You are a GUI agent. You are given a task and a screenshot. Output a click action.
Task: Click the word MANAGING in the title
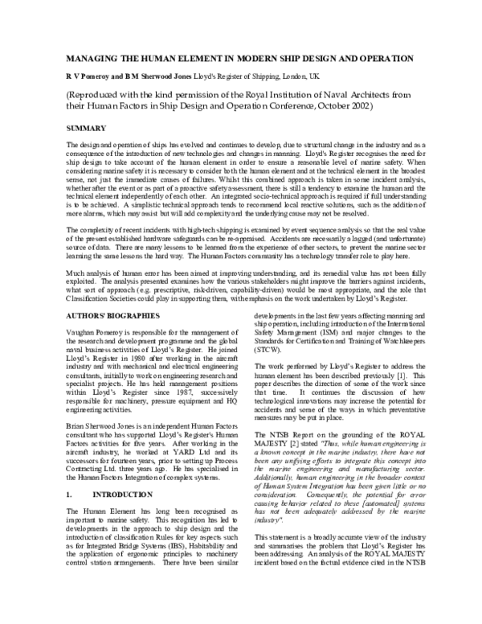click(x=86, y=60)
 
